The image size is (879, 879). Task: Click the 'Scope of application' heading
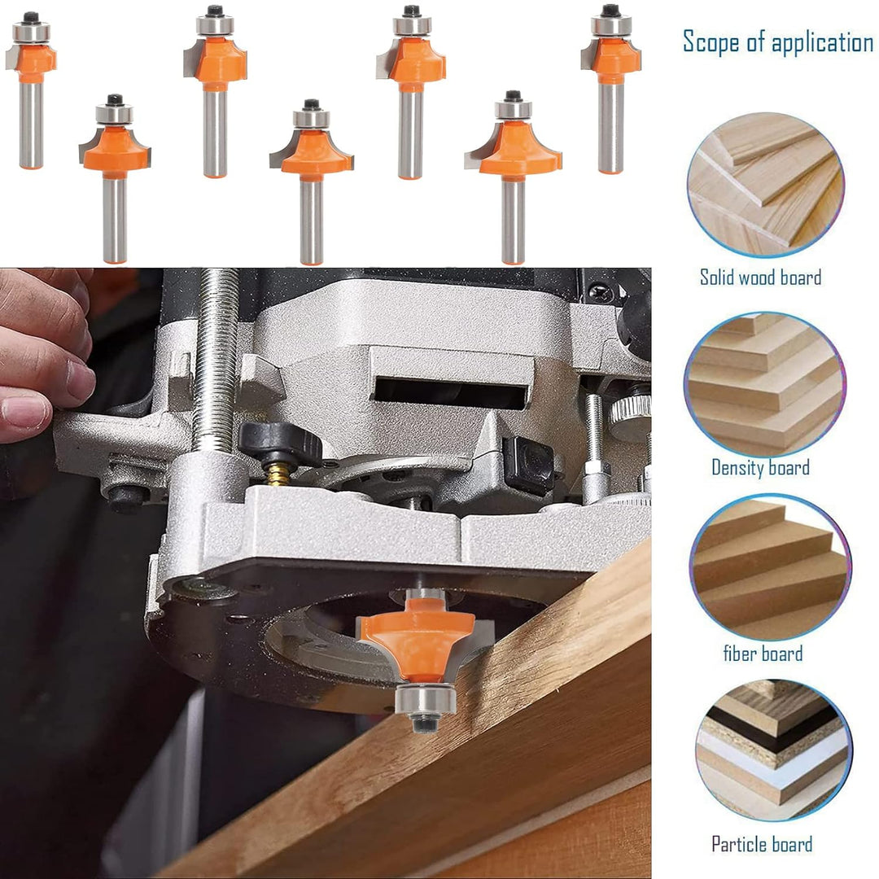point(777,42)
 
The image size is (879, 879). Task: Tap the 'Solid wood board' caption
point(760,277)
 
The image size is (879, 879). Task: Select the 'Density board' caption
point(760,467)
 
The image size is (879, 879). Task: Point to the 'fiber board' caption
point(763,653)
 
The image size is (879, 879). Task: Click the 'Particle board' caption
point(762,844)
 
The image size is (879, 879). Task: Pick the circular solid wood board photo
point(765,185)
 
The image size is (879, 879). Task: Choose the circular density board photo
point(765,384)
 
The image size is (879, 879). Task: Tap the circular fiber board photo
point(770,566)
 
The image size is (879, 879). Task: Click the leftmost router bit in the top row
point(32,90)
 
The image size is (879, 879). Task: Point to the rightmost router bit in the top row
point(611,89)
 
